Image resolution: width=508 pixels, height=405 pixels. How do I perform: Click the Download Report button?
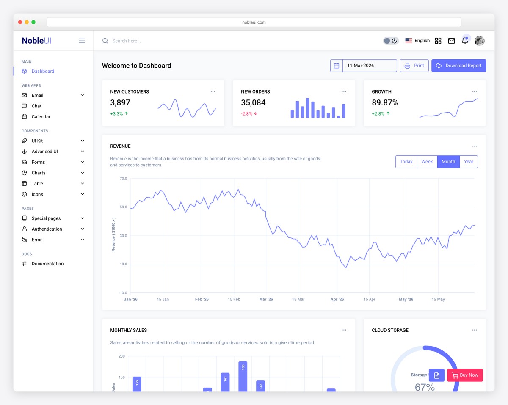458,66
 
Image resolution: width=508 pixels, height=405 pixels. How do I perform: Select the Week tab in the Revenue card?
427,162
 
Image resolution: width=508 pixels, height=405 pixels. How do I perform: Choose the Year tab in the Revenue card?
468,162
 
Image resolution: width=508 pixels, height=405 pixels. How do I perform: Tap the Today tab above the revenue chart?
406,162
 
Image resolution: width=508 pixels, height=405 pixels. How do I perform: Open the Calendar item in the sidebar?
41,117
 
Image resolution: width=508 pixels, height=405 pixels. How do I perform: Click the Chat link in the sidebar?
36,106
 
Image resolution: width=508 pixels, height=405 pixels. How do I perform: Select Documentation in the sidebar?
47,264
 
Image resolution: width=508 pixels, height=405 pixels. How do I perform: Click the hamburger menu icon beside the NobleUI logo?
82,41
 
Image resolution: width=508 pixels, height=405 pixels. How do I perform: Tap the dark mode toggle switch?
390,41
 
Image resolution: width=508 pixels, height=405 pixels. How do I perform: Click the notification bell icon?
464,41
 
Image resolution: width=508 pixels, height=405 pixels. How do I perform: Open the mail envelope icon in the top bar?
451,41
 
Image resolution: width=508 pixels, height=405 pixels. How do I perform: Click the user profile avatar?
479,41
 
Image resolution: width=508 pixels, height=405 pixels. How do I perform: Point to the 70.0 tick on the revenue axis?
123,179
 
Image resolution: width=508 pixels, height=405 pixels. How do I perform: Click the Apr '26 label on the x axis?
337,300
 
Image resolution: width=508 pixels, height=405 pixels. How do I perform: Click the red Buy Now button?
465,375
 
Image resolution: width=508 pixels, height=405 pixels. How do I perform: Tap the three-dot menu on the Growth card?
474,91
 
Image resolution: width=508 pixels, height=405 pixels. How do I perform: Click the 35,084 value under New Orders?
253,103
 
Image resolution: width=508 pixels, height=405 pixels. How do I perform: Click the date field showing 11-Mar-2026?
369,66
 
